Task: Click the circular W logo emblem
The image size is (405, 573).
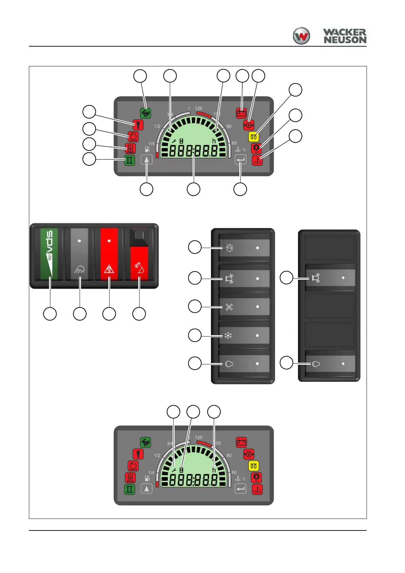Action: coord(301,36)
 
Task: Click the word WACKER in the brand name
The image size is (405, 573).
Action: coord(344,33)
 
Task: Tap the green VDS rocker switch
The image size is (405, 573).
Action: coord(49,254)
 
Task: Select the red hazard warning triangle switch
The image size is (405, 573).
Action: coord(109,254)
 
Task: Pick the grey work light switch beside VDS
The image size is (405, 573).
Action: coord(79,254)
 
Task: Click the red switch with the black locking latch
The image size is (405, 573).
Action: coord(139,259)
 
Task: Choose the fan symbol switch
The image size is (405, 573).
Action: coord(244,307)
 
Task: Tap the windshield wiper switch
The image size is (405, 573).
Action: coord(244,248)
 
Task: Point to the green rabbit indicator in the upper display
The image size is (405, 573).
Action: coord(145,113)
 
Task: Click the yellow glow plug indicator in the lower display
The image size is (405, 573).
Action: coord(254,466)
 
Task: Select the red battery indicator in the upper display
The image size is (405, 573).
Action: coord(242,113)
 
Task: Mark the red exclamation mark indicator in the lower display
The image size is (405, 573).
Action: coord(138,454)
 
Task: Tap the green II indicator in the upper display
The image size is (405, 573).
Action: coord(129,160)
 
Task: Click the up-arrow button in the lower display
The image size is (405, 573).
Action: coord(147,489)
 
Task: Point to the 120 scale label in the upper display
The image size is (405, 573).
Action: coord(198,109)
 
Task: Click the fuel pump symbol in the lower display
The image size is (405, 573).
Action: coord(147,478)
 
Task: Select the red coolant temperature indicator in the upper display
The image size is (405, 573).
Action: coord(257,160)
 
